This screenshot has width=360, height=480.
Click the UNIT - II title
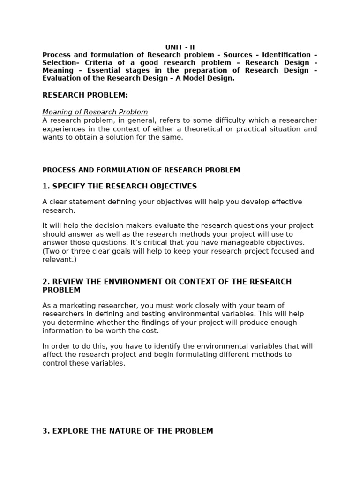[180, 47]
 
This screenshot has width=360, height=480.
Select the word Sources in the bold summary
[238, 55]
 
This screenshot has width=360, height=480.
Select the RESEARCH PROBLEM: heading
[85, 95]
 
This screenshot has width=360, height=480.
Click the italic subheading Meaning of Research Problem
[95, 112]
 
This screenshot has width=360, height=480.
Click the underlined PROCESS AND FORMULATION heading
[141, 170]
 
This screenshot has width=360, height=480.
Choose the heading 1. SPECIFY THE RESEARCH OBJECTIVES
[120, 187]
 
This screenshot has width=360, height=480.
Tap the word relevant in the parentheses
[57, 259]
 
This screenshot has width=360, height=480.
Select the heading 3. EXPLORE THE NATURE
[127, 431]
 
